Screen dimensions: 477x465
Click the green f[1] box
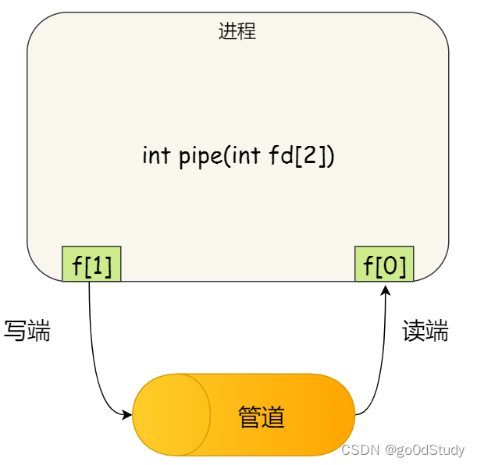click(91, 264)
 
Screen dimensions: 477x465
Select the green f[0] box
click(384, 264)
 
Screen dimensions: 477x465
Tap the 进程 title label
click(237, 32)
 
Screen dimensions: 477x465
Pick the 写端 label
click(27, 331)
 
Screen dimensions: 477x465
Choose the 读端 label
click(425, 331)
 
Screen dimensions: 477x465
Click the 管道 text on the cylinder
click(262, 417)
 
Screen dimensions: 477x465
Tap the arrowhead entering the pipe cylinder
click(127, 414)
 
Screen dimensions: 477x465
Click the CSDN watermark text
click(360, 450)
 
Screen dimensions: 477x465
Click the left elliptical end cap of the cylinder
click(172, 414)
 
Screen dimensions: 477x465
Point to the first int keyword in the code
click(155, 155)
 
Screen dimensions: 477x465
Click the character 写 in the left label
click(16, 331)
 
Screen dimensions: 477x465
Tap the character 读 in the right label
click(414, 331)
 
